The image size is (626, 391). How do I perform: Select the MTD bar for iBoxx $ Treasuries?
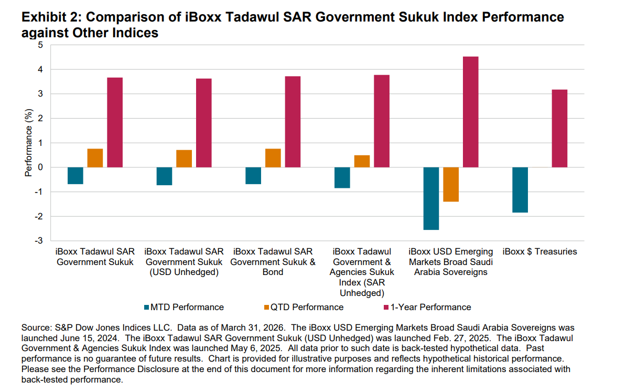[520, 189]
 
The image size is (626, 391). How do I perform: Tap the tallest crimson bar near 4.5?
[470, 112]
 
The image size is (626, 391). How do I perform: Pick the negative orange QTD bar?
[450, 184]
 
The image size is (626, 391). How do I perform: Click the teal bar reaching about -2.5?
[431, 198]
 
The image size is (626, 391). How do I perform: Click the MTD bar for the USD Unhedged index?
[164, 176]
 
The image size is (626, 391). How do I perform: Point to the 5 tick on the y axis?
[39, 45]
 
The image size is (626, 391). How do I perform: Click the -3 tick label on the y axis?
[38, 241]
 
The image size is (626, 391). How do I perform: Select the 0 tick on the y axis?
[39, 167]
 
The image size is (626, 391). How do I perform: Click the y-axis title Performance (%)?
[28, 143]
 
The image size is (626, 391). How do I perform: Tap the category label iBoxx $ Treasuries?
[539, 251]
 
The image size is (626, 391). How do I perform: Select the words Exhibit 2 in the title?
[48, 17]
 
